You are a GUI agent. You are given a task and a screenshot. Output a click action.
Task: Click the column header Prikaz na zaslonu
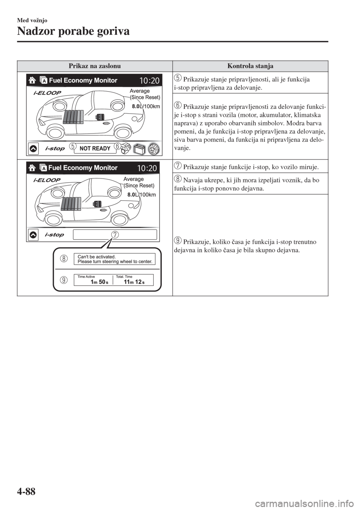pos(94,66)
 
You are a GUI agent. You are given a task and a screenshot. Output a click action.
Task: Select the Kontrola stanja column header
pos(250,66)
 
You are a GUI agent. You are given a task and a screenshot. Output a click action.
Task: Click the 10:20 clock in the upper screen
pos(149,80)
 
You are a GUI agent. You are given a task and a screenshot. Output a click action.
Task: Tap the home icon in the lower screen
pos(32,168)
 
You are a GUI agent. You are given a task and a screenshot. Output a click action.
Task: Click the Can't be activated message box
pos(114,259)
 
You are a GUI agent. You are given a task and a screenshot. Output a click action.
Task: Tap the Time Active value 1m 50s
pos(99,282)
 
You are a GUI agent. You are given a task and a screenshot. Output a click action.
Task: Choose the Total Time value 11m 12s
pos(134,282)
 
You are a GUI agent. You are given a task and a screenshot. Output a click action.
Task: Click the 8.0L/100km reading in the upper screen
pos(146,106)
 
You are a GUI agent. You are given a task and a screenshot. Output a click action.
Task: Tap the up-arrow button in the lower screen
pos(33,235)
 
